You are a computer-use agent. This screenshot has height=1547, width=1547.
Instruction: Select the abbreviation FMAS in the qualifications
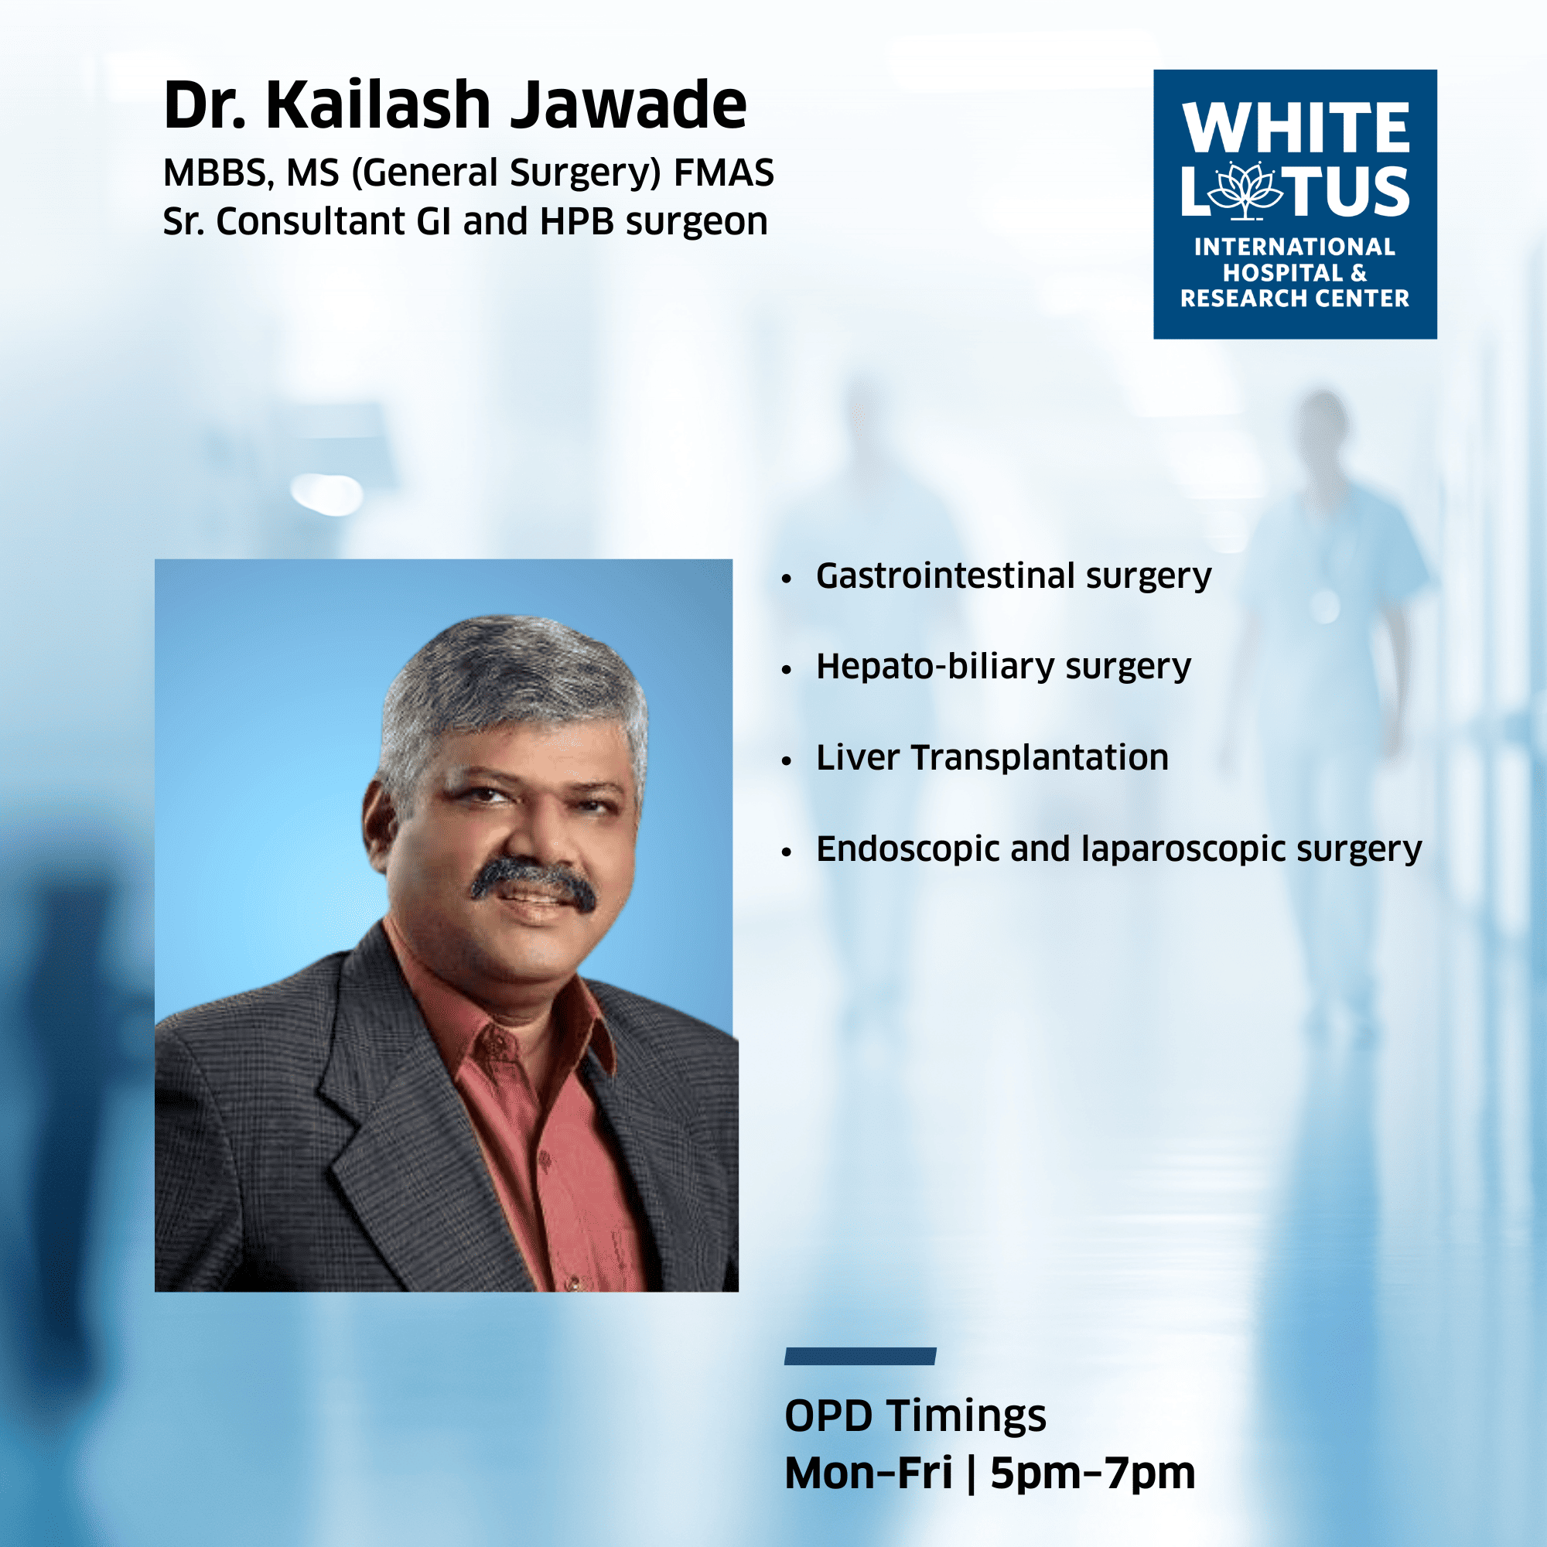pos(724,172)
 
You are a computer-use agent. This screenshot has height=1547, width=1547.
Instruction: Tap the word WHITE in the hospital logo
pos(1296,128)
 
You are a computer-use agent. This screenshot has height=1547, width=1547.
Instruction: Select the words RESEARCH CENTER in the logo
pos(1295,299)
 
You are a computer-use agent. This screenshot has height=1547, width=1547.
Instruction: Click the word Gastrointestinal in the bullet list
pos(945,575)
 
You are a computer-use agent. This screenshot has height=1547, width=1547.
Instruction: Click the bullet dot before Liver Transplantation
pos(787,760)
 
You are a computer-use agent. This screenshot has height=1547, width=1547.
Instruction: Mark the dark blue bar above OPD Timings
pos(860,1357)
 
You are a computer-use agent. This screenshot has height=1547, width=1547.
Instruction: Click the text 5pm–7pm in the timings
pos(1092,1474)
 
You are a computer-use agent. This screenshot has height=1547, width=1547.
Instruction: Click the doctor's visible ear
pos(380,825)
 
